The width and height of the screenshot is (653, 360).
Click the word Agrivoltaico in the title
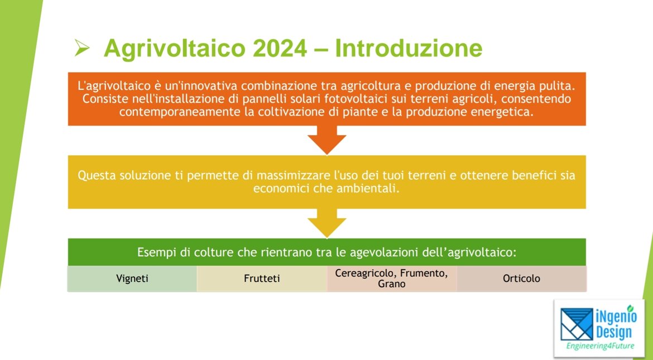point(175,49)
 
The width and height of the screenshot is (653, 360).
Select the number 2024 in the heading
point(280,48)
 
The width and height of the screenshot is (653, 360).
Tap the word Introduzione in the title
point(409,48)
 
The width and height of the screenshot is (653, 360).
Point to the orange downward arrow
point(327,140)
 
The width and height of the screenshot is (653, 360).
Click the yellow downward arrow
point(327,223)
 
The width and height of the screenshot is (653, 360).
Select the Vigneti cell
point(132,279)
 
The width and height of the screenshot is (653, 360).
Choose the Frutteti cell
point(262,279)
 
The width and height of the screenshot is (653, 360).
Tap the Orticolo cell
point(521,279)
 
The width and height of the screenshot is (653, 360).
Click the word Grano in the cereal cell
point(391,284)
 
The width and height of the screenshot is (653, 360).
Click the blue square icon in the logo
point(577,324)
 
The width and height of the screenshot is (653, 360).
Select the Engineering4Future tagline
point(600,346)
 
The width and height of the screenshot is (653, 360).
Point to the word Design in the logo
point(614,332)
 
